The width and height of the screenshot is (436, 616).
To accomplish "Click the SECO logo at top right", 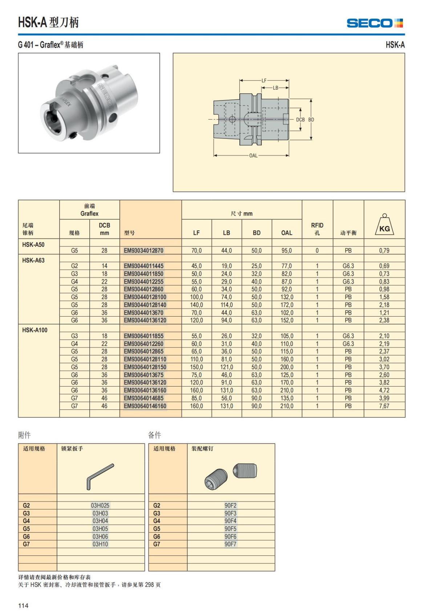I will [375, 23].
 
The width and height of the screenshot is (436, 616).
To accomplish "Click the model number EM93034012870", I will [144, 250].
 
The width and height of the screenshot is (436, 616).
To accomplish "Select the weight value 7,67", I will [384, 406].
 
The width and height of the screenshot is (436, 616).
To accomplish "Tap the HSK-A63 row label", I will [33, 260].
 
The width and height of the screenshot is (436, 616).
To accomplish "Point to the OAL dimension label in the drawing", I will [253, 156].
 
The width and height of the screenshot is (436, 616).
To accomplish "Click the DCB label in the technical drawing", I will [300, 119].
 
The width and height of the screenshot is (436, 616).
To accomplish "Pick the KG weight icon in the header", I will [384, 225].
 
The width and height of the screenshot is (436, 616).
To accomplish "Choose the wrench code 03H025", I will [100, 505].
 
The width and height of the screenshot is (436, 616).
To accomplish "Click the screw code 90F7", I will [230, 544].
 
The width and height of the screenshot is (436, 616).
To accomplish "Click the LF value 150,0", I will [197, 367].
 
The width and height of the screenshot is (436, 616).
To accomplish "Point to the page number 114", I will [23, 605].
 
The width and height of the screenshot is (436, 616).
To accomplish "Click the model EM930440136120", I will [145, 320].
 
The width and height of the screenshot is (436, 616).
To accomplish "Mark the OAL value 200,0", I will [287, 367].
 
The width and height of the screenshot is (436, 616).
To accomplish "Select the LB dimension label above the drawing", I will [275, 88].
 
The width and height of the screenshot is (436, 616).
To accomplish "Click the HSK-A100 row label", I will [35, 330].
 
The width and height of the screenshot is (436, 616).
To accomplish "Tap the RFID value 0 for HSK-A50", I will [317, 250].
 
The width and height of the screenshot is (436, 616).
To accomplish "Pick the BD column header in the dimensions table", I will [257, 233].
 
